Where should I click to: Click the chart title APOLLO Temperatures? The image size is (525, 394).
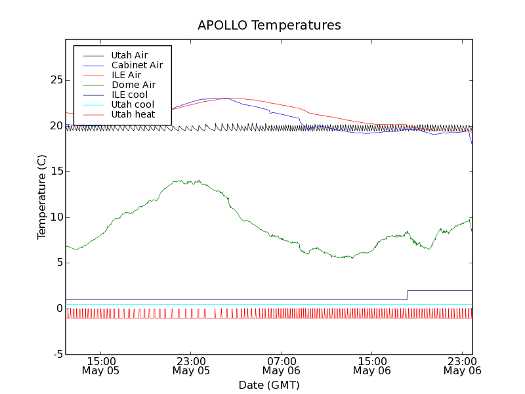(269, 26)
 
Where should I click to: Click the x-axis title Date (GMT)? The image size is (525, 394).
(269, 385)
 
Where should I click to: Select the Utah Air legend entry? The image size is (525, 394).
(129, 55)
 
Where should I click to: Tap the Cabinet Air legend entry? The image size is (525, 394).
(136, 65)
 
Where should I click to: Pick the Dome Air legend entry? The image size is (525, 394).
(133, 85)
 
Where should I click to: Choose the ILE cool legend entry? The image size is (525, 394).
(129, 95)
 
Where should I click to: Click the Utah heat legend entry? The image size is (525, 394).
(133, 114)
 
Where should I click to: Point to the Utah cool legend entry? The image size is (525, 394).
(133, 104)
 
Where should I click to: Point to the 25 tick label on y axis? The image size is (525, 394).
(56, 80)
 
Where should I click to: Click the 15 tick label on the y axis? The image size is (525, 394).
(56, 171)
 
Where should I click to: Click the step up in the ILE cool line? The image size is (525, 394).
(408, 295)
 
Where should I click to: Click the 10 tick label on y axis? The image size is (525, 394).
(56, 217)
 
